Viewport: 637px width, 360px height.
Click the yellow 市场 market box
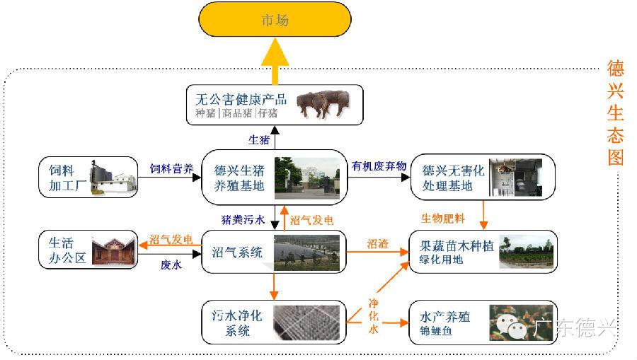[275, 19]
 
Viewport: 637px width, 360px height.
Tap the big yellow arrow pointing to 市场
[275, 62]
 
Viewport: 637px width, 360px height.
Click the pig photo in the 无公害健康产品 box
[323, 104]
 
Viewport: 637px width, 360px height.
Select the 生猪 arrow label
[259, 140]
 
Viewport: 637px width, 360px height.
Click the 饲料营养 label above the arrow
[171, 168]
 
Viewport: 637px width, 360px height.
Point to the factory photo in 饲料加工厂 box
[113, 177]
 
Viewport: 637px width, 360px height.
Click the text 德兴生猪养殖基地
[239, 178]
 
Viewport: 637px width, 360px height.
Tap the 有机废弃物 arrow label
[379, 166]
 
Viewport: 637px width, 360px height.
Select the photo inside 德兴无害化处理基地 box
[515, 178]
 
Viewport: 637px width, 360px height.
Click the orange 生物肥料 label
[443, 219]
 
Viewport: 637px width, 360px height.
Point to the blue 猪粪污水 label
[243, 219]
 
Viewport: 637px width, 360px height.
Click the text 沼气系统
[237, 252]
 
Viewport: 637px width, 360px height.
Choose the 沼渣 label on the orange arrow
[378, 244]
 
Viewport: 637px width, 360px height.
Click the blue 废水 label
[171, 265]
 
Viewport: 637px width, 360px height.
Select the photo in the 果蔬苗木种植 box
[526, 252]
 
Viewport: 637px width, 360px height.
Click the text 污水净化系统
[237, 323]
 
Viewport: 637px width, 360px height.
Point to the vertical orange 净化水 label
[374, 316]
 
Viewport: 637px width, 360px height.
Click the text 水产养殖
[445, 317]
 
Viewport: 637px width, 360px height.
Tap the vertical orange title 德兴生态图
[616, 113]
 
